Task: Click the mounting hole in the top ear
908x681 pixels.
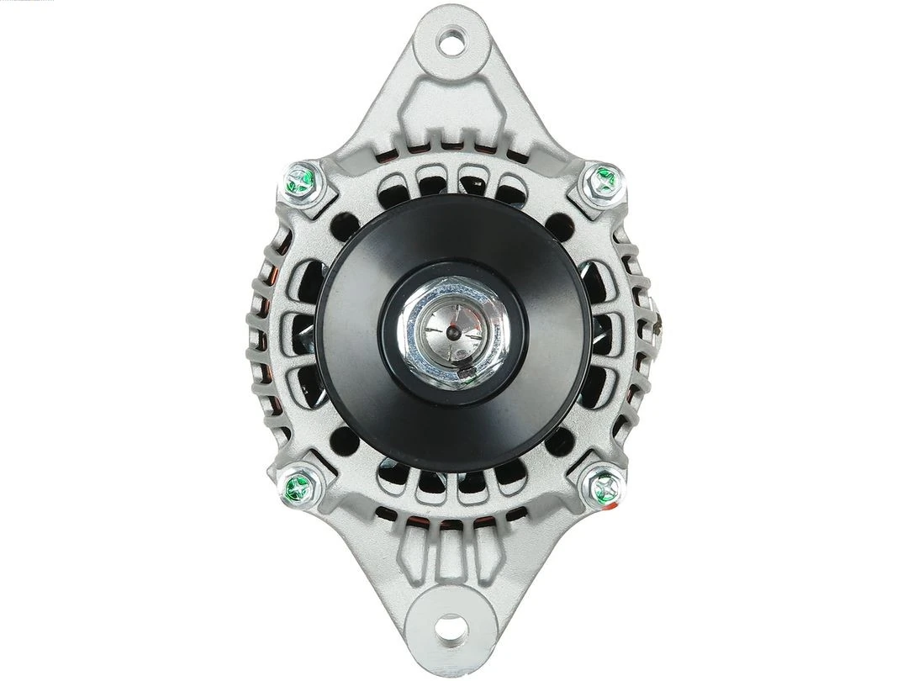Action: pyautogui.click(x=453, y=40)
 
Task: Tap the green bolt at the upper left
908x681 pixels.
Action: pyautogui.click(x=301, y=180)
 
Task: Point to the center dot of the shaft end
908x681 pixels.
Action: pyautogui.click(x=452, y=333)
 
